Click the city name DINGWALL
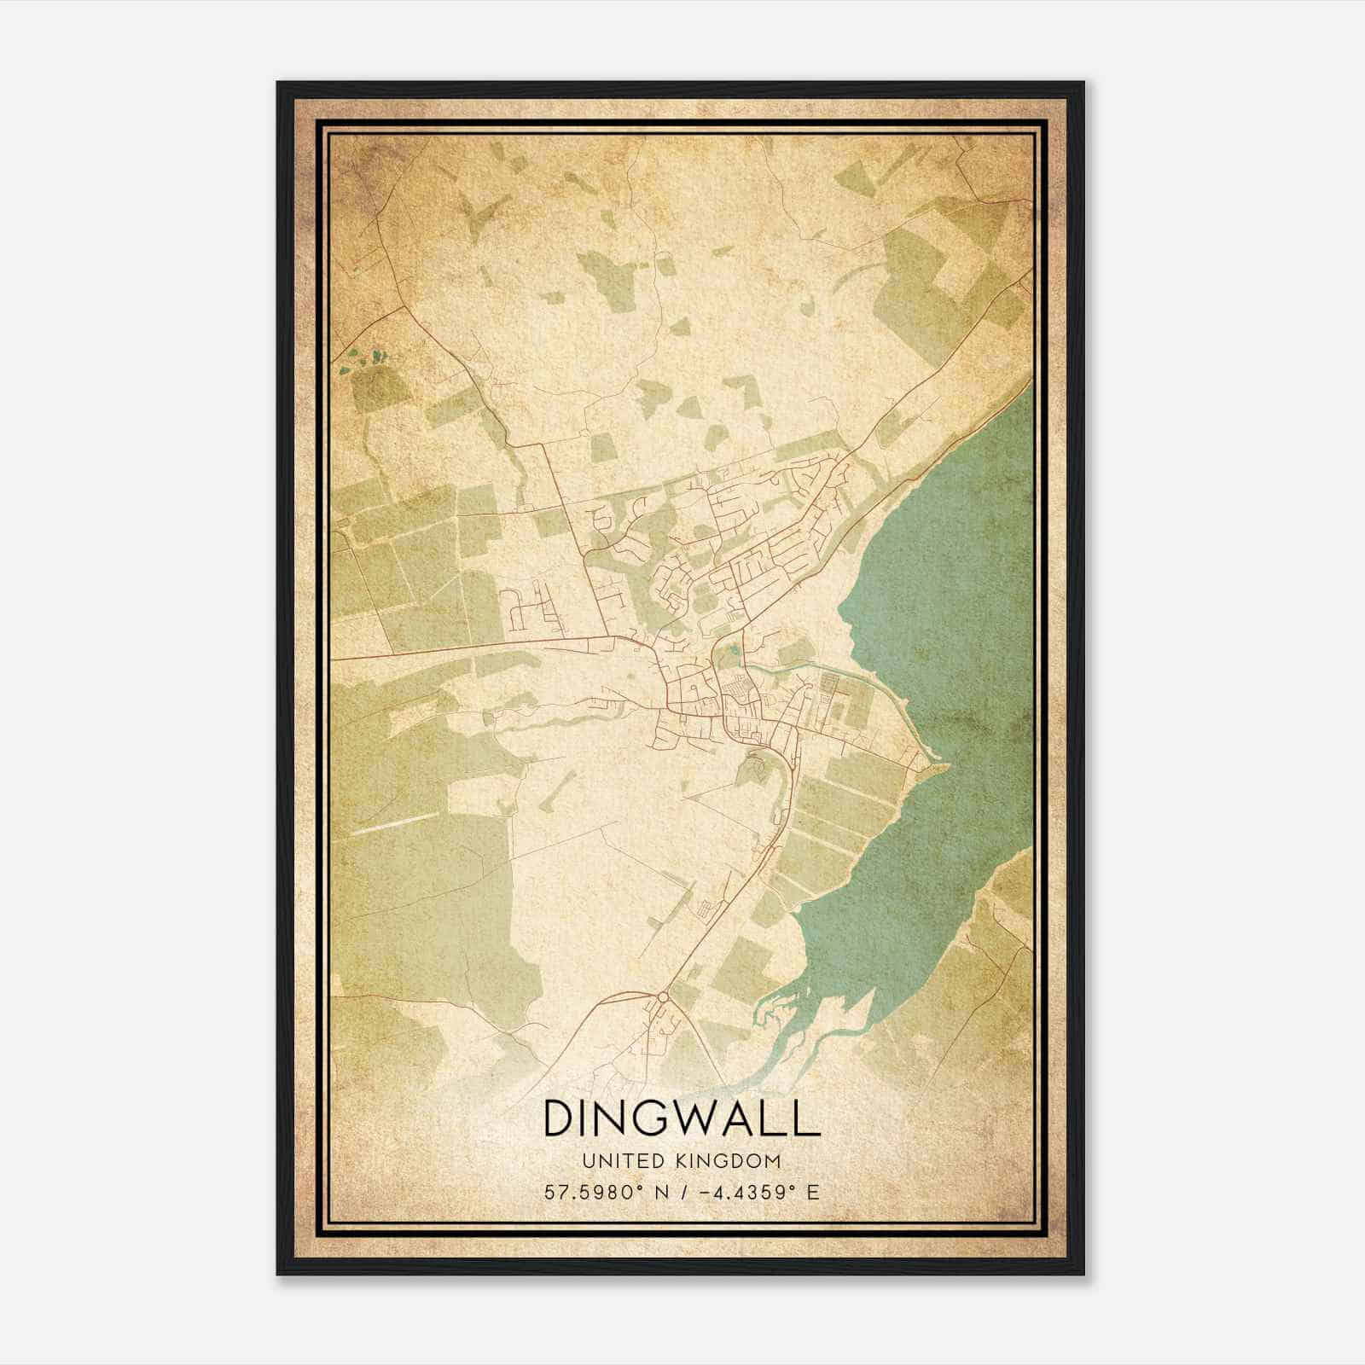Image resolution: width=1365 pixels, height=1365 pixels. click(681, 1118)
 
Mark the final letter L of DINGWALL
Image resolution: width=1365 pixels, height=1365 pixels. click(807, 1118)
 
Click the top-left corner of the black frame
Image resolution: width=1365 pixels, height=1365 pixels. click(278, 83)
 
